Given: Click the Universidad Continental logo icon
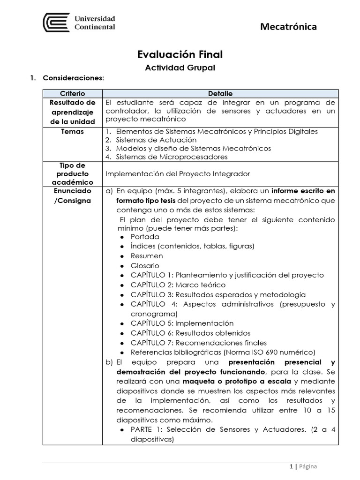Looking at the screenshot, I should pyautogui.click(x=56, y=22).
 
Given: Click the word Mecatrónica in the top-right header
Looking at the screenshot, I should pyautogui.click(x=288, y=27).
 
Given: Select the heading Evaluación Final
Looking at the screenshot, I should pyautogui.click(x=180, y=55).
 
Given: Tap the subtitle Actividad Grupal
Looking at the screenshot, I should pyautogui.click(x=180, y=68).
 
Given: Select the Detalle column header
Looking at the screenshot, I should pyautogui.click(x=220, y=94).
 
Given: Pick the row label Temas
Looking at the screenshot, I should pyautogui.click(x=72, y=132).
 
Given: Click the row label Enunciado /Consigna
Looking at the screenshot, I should pyautogui.click(x=72, y=195).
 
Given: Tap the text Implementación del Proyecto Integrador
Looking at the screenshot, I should pyautogui.click(x=178, y=174).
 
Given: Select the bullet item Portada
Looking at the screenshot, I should pyautogui.click(x=145, y=237).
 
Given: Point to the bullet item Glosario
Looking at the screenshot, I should pyautogui.click(x=145, y=266).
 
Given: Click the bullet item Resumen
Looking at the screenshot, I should pyautogui.click(x=147, y=256).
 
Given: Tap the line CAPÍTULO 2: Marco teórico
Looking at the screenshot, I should pyautogui.click(x=178, y=285).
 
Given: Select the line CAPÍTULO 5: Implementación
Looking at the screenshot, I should pyautogui.click(x=182, y=323).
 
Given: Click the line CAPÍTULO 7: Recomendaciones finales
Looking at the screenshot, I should pyautogui.click(x=199, y=343).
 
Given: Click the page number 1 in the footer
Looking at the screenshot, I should pyautogui.click(x=291, y=466).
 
